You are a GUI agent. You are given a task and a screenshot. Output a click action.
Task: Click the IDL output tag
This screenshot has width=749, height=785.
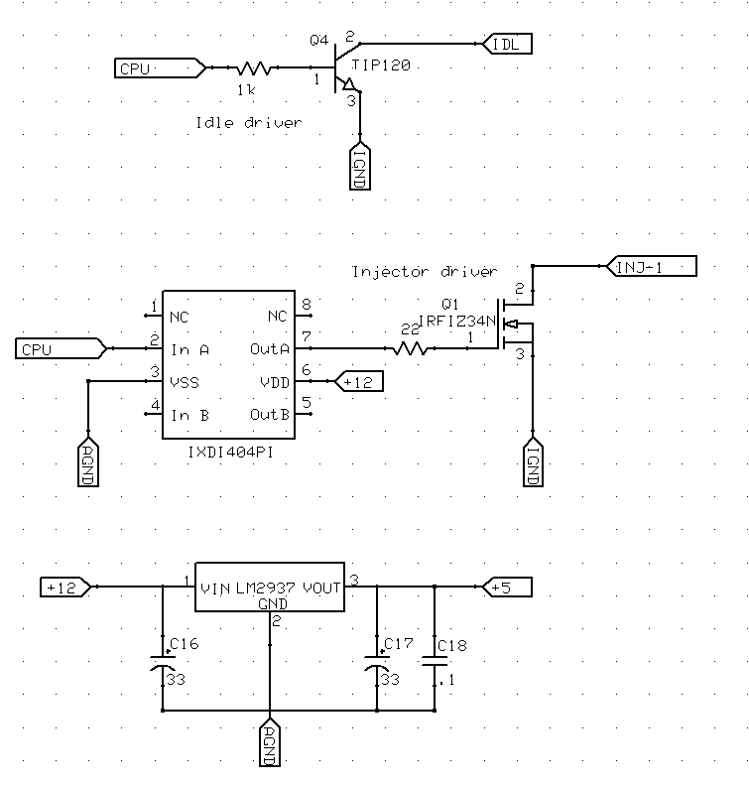tap(508, 43)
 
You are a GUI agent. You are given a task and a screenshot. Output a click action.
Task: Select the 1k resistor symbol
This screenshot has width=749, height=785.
tap(255, 68)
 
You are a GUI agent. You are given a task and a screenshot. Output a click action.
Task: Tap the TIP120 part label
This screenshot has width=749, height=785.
tap(380, 65)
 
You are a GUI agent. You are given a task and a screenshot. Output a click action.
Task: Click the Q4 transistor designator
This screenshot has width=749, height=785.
tap(318, 40)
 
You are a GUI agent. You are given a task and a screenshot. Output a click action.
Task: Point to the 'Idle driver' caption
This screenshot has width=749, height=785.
tap(249, 122)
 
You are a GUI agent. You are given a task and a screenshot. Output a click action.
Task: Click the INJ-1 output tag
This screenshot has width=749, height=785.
tap(650, 266)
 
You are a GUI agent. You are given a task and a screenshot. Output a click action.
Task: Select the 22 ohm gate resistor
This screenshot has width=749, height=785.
tap(412, 348)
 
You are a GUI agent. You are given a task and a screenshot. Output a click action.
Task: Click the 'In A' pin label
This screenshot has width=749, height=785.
tap(189, 349)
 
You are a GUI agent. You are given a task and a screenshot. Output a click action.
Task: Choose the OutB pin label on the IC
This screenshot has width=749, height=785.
tap(270, 414)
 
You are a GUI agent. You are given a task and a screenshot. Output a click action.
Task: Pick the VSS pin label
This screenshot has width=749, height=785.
tap(187, 381)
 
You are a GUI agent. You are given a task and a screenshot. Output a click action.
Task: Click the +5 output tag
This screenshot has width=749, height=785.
tap(507, 588)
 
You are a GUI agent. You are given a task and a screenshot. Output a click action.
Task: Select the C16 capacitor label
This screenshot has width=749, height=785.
tap(185, 644)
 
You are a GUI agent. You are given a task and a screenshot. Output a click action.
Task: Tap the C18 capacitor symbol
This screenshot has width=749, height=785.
tap(434, 662)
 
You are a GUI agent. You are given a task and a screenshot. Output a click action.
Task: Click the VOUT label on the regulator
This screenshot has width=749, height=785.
tap(321, 588)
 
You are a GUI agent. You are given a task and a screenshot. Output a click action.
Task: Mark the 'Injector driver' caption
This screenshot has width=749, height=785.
tap(425, 271)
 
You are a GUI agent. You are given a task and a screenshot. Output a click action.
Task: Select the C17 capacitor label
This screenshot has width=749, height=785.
tap(398, 644)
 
